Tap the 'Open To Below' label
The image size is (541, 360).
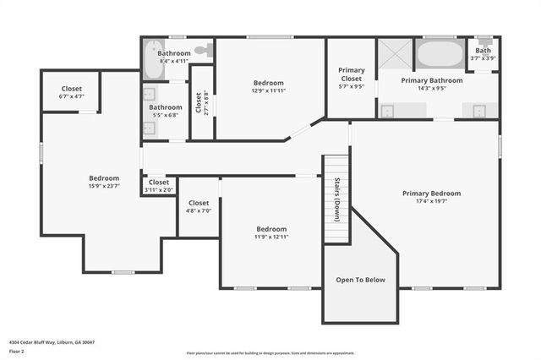(361, 280)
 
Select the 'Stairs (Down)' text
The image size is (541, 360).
(336, 199)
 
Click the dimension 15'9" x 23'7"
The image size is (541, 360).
(104, 187)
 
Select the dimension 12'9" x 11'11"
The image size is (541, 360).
(270, 91)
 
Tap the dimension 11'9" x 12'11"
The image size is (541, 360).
(271, 237)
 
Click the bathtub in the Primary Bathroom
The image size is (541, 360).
(438, 56)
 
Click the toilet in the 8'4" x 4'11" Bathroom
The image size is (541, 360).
(203, 51)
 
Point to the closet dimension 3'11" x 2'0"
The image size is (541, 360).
(158, 190)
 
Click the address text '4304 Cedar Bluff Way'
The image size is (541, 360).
(34, 342)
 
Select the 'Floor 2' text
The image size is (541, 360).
(17, 351)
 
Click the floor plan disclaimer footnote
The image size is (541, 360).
(270, 352)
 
